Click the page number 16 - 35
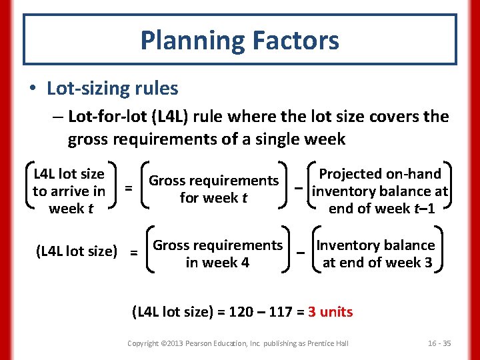point(439,343)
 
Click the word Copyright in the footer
point(143,343)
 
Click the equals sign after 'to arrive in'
point(129,189)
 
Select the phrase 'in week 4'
point(217,263)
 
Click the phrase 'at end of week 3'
point(377,263)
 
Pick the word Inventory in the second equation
point(345,245)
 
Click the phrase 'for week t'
point(213,197)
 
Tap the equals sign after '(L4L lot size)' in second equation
point(134,253)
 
